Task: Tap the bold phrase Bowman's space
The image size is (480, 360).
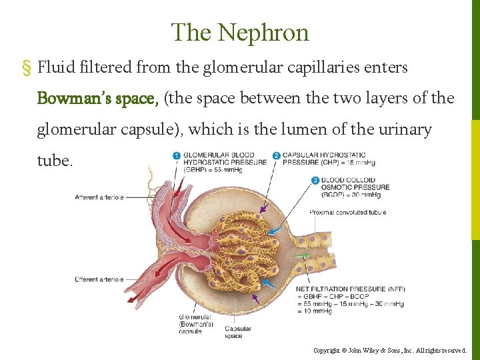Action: pyautogui.click(x=97, y=99)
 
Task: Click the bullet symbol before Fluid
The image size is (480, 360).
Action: pyautogui.click(x=27, y=68)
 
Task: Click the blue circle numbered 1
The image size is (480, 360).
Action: pyautogui.click(x=177, y=156)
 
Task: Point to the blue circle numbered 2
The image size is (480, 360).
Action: pyautogui.click(x=276, y=156)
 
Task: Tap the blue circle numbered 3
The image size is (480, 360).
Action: pyautogui.click(x=315, y=180)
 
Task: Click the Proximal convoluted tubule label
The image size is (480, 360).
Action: pyautogui.click(x=347, y=213)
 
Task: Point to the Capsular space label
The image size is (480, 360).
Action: pyautogui.click(x=238, y=332)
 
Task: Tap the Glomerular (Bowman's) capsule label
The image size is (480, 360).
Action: pyautogui.click(x=195, y=324)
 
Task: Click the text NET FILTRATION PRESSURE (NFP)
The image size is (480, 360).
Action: pyautogui.click(x=350, y=289)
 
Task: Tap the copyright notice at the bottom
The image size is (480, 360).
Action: pyautogui.click(x=391, y=350)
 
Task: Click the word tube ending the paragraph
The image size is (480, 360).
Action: pyautogui.click(x=53, y=161)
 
